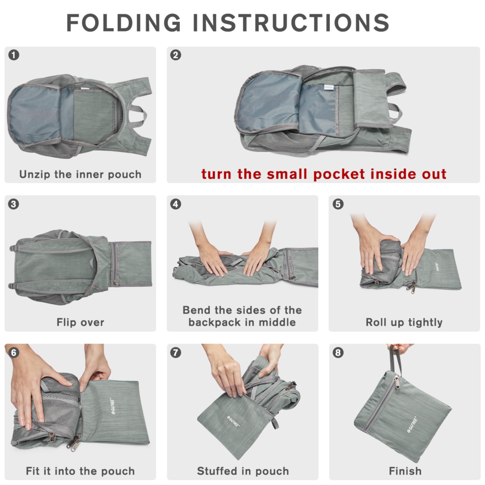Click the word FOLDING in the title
124,23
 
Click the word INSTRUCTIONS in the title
291,23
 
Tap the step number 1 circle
14,55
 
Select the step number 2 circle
176,55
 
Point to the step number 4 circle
176,204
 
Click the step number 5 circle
338,204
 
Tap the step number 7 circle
176,353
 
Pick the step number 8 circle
338,353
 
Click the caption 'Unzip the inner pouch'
80,174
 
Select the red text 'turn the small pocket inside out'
323,174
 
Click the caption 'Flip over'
80,322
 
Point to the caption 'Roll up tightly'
404,322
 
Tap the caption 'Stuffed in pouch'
243,471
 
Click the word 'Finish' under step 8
405,471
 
